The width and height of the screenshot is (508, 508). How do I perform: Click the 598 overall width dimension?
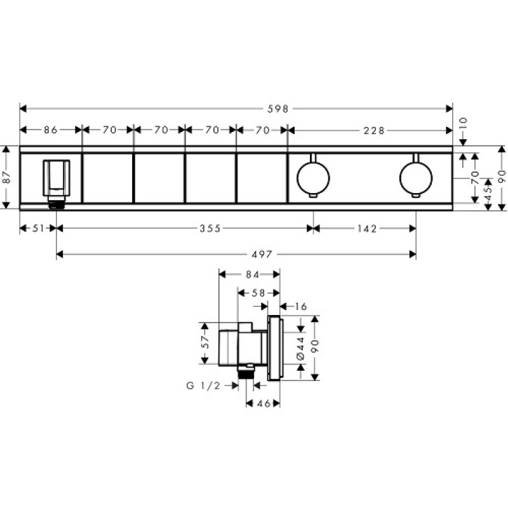(x=277, y=109)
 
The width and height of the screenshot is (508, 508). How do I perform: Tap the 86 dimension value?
(x=51, y=130)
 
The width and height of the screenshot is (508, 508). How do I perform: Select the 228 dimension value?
(x=374, y=131)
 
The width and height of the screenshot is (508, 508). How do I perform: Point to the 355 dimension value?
(x=210, y=229)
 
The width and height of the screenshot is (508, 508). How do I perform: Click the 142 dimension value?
(x=368, y=229)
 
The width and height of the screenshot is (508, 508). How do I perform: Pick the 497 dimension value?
(x=262, y=255)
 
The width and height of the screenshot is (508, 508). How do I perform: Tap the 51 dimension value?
(x=38, y=229)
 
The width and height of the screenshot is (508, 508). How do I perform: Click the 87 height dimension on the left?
(x=7, y=177)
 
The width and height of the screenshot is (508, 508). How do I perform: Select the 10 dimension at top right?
(x=464, y=123)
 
